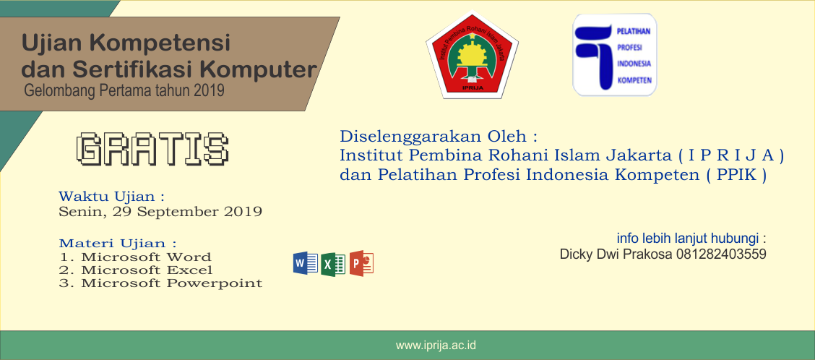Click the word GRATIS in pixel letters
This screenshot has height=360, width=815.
(152, 149)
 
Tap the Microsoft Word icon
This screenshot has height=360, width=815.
(306, 263)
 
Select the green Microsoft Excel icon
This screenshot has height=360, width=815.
(333, 265)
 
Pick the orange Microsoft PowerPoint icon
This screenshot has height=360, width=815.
(361, 263)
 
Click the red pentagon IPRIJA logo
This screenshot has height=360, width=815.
(472, 56)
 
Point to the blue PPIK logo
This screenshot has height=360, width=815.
(614, 55)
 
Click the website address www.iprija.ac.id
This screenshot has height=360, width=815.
(436, 346)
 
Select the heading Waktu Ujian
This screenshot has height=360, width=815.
(112, 197)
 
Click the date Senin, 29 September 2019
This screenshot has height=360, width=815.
(160, 213)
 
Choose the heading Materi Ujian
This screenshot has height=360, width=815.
(118, 244)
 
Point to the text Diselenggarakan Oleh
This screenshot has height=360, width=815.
(438, 137)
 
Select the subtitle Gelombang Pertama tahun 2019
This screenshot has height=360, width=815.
(124, 90)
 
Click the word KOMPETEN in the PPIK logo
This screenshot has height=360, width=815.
(634, 80)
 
